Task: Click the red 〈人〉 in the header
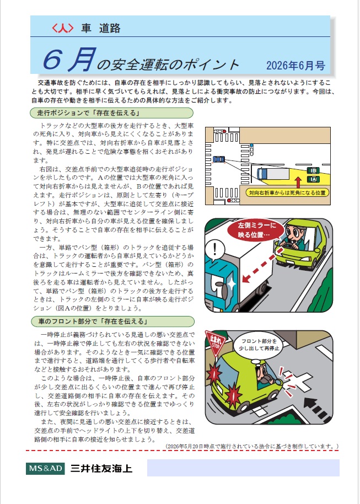click(63, 28)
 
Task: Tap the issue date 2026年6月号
click(295, 66)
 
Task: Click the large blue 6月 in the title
click(69, 60)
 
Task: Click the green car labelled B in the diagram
click(313, 170)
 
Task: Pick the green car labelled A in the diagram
click(313, 179)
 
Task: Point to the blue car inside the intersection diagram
click(218, 159)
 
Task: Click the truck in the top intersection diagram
click(273, 174)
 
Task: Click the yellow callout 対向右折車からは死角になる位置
click(287, 193)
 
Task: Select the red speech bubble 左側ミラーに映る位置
click(256, 230)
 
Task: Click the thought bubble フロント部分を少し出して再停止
click(259, 345)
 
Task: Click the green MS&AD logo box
click(45, 468)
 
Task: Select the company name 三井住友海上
click(101, 468)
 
